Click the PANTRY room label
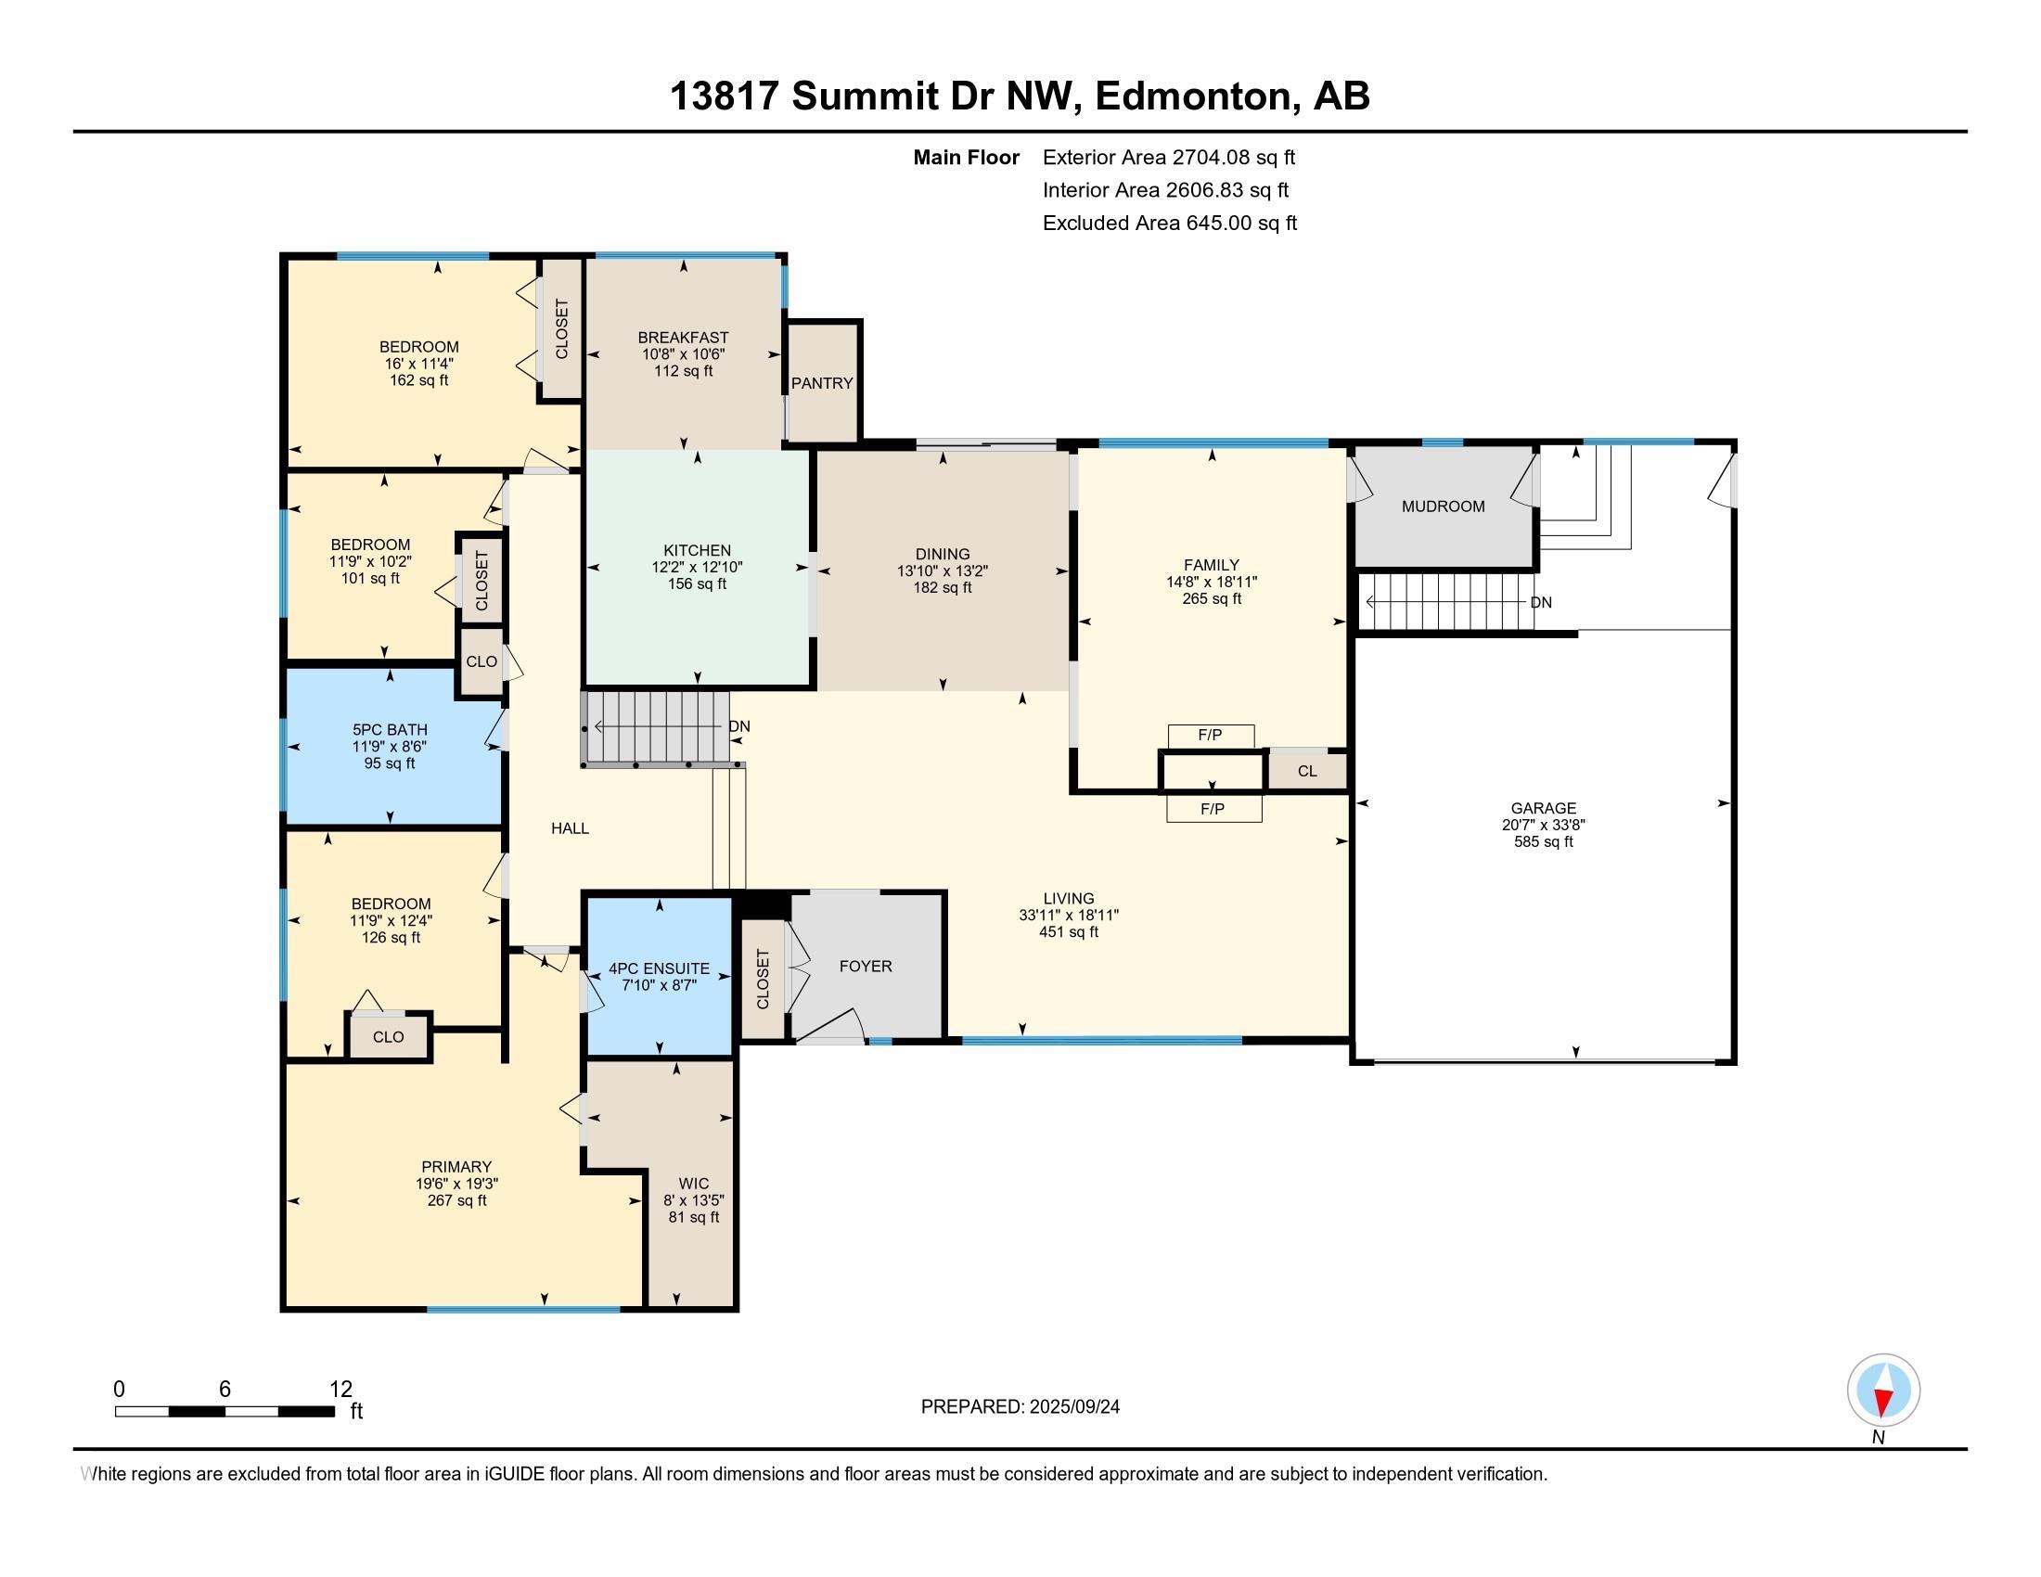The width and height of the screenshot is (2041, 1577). (x=821, y=383)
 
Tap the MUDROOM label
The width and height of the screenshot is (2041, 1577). (x=1443, y=506)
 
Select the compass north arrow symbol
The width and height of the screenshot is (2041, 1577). (x=1883, y=1391)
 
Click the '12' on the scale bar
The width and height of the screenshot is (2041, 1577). (x=341, y=1390)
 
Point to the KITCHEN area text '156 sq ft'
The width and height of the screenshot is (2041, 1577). (x=697, y=583)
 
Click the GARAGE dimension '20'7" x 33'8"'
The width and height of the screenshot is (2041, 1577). (x=1543, y=825)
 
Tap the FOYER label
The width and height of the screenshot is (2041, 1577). (x=866, y=966)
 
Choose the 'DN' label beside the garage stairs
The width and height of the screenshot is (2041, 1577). (x=1541, y=603)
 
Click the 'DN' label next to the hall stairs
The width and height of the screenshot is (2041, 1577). (x=739, y=727)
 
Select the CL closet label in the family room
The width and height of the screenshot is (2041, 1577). (x=1307, y=771)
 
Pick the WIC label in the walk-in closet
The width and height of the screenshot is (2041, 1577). (x=693, y=1184)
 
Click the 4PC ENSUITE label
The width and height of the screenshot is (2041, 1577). (x=659, y=968)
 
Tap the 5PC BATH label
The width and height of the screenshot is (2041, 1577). (x=390, y=730)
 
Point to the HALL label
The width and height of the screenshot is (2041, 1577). (x=570, y=827)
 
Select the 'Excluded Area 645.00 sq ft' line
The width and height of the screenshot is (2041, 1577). (x=1170, y=224)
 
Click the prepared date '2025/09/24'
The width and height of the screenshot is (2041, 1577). (x=1074, y=1407)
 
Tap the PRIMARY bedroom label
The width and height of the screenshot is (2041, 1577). (x=456, y=1167)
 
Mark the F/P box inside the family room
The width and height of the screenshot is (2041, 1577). (x=1210, y=737)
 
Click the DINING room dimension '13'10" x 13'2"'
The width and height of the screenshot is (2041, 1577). (x=942, y=571)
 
